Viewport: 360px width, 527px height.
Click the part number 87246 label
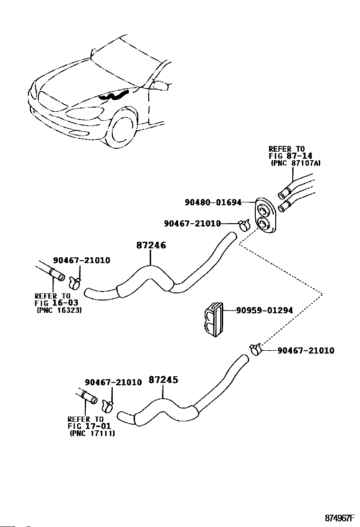coord(151,246)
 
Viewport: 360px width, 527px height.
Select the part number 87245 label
coord(163,380)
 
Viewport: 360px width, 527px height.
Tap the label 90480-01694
coord(213,203)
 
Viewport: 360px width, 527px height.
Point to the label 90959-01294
coord(264,311)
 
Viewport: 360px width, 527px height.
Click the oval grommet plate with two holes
coord(264,216)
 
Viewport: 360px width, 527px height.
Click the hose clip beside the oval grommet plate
coord(244,224)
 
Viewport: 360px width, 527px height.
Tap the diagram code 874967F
coord(340,518)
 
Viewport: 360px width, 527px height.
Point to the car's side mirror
coord(161,86)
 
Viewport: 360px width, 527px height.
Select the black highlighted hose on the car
coord(114,97)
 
